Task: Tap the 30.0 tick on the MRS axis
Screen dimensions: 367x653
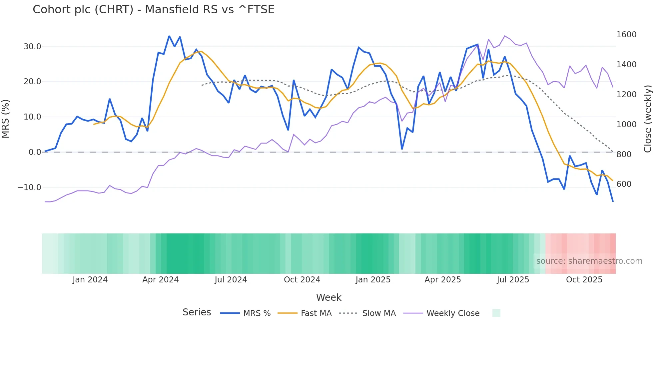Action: (x=32, y=47)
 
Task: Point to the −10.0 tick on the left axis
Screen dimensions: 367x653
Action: (x=29, y=187)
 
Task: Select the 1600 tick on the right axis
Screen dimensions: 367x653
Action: (x=626, y=35)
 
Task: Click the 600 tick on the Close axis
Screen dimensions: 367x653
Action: (x=624, y=184)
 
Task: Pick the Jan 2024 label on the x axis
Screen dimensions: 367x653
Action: (x=90, y=280)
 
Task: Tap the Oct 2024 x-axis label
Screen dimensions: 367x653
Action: (x=302, y=280)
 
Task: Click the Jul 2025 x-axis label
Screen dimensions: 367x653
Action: (x=513, y=280)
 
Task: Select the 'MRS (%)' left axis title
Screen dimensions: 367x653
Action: (x=6, y=119)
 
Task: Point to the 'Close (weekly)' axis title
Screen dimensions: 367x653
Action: (x=647, y=119)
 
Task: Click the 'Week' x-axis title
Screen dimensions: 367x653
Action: (x=328, y=297)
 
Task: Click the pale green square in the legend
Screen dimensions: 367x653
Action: (x=496, y=313)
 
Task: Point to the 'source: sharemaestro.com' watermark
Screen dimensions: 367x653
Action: (x=589, y=261)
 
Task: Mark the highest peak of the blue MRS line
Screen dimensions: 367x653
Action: (x=169, y=36)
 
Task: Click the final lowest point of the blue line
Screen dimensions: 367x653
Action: (x=613, y=201)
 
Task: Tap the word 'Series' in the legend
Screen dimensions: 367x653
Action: (x=197, y=312)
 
